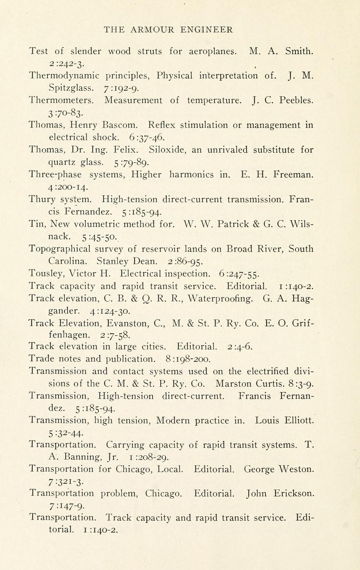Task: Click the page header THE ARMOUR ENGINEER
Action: pos(168,30)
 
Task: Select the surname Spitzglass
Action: pos(71,88)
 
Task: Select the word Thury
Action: pos(42,199)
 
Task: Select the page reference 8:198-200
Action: pos(188,359)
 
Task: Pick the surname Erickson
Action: pos(292,494)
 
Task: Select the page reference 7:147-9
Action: pos(64,506)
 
